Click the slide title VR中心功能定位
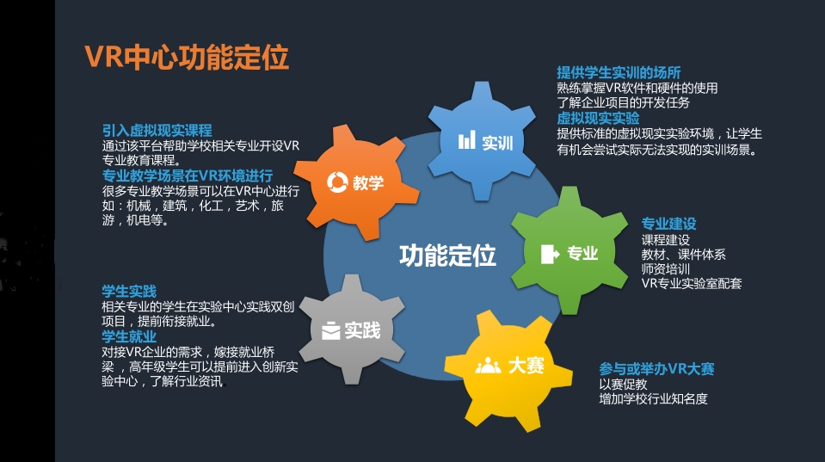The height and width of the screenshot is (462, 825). [187, 58]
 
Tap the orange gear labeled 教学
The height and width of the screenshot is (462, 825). [356, 182]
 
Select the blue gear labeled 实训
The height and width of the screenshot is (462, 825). [482, 141]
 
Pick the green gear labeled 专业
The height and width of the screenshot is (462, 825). [569, 251]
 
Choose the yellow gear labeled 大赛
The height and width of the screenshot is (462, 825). [508, 369]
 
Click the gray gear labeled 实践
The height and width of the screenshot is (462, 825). [352, 330]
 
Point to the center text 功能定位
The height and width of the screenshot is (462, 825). [447, 256]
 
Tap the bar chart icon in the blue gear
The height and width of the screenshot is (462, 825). [466, 140]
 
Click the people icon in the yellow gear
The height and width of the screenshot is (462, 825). [489, 365]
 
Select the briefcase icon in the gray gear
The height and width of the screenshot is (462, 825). [331, 330]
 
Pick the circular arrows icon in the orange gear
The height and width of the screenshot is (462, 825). [337, 182]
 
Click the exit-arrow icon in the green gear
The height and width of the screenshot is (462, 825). [550, 254]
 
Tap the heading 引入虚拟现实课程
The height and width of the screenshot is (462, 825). [157, 131]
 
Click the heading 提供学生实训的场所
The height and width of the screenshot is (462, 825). [619, 72]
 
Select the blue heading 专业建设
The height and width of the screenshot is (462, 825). [668, 224]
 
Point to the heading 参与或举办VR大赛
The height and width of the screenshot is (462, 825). [656, 369]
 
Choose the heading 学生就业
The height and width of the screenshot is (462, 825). [129, 336]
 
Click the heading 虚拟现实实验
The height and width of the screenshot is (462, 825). [598, 118]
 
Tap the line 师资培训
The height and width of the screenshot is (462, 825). [666, 269]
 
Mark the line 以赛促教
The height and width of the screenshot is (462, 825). [624, 384]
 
